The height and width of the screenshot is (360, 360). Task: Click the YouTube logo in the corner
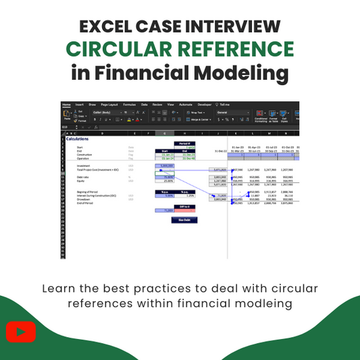click(21, 332)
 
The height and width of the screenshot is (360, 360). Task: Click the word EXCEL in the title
click(108, 27)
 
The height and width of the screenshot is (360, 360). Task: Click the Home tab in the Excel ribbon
click(66, 105)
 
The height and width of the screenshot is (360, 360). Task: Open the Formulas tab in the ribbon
click(129, 105)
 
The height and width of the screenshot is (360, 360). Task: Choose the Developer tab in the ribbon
click(204, 105)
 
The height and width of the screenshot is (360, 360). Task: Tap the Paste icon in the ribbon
click(66, 115)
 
